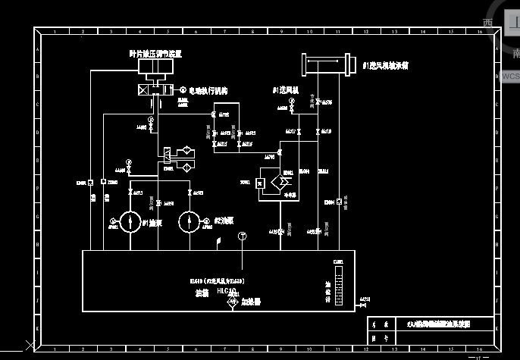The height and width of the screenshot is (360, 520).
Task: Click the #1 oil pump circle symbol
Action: (x=131, y=222)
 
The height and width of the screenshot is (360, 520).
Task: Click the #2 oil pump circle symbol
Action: (x=189, y=222)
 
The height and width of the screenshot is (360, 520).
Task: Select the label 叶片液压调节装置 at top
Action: (x=155, y=54)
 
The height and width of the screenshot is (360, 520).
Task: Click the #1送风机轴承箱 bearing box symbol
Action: (x=329, y=64)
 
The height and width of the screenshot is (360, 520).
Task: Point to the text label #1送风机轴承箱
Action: (x=385, y=66)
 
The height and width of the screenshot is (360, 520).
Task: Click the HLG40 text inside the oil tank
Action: (x=227, y=290)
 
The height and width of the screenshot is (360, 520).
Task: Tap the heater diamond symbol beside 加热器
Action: (x=232, y=302)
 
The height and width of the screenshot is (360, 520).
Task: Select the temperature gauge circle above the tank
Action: (x=241, y=236)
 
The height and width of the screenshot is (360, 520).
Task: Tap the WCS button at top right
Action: (x=510, y=76)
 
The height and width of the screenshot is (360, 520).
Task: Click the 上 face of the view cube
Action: (x=513, y=23)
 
